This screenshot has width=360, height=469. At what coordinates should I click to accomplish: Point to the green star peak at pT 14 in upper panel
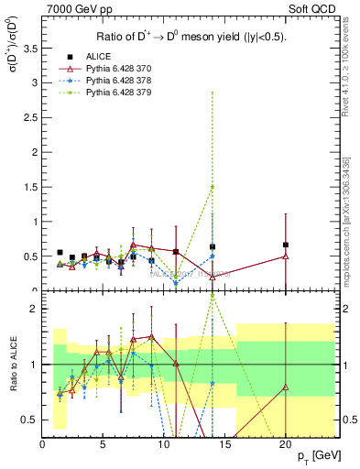213,187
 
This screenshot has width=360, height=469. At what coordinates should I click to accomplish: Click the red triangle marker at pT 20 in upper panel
285,256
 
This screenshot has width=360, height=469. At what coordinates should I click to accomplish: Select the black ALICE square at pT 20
285,245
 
